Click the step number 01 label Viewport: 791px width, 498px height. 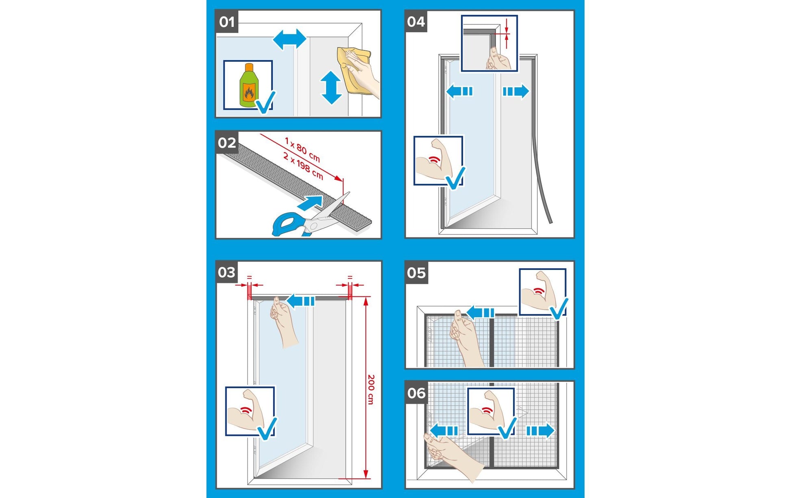pyautogui.click(x=226, y=22)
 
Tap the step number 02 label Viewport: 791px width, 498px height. pyautogui.click(x=226, y=143)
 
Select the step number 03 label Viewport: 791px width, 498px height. pyautogui.click(x=226, y=272)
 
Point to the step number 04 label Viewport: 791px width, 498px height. pyautogui.click(x=416, y=22)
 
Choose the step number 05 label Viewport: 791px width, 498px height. pyautogui.click(x=416, y=273)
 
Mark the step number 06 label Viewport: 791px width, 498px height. pyautogui.click(x=416, y=393)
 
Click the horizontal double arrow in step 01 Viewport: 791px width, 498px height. pyautogui.click(x=289, y=39)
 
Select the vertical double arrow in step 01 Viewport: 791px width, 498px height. pyautogui.click(x=331, y=88)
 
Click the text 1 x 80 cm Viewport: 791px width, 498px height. pyautogui.click(x=302, y=149)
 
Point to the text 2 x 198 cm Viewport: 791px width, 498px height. pyautogui.click(x=303, y=166)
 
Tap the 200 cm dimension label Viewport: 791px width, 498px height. pyautogui.click(x=371, y=389)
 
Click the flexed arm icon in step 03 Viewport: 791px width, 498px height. pyautogui.click(x=247, y=411)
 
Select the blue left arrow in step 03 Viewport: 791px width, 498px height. pyautogui.click(x=301, y=301)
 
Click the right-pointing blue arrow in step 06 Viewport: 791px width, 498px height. pyautogui.click(x=540, y=431)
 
